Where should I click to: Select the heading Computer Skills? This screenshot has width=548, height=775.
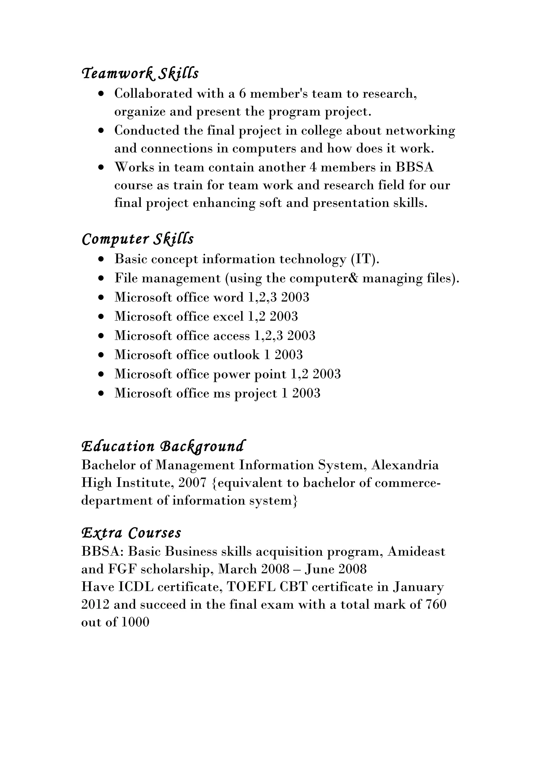tap(138, 239)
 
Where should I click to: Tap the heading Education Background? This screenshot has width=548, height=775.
tap(163, 446)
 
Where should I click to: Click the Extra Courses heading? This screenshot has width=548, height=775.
tap(131, 533)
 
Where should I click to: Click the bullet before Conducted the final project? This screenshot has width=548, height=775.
tap(101, 131)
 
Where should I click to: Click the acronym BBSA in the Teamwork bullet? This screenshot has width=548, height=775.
tap(414, 167)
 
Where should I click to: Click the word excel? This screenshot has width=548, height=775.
tap(228, 317)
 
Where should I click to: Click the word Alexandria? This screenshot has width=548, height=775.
tap(405, 465)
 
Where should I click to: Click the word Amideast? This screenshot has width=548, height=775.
tap(416, 551)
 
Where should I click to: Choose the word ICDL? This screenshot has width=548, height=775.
tap(136, 587)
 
